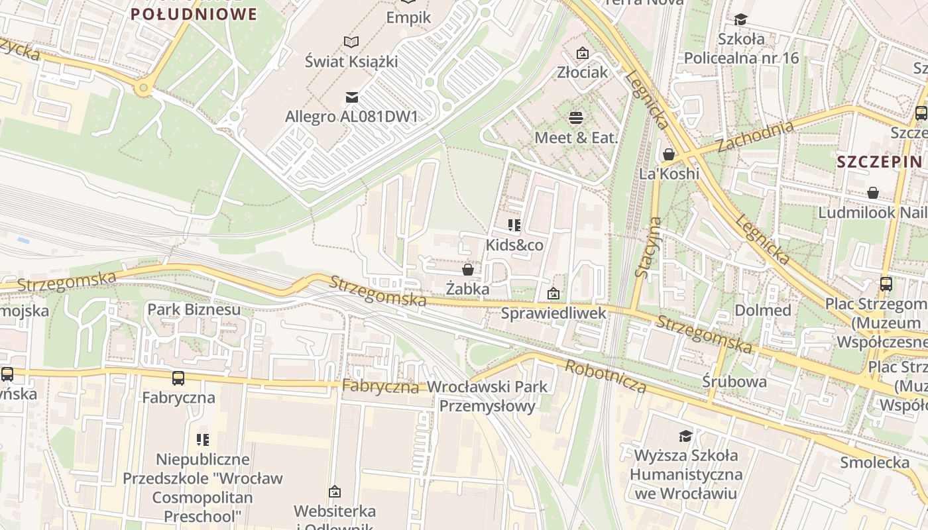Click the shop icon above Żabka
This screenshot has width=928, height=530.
(x=468, y=270)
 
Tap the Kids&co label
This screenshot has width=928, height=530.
(x=514, y=245)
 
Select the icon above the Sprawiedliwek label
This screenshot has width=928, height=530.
(x=553, y=293)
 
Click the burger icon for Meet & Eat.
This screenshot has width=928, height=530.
(x=576, y=118)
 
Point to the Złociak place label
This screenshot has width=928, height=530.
(x=582, y=72)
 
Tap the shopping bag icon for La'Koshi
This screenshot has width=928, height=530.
(x=669, y=154)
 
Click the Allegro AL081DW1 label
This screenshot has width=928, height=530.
(x=351, y=117)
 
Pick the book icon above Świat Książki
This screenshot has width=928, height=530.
(x=351, y=42)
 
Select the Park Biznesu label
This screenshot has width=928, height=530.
(x=194, y=309)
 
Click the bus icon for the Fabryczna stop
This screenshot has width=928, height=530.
(x=178, y=378)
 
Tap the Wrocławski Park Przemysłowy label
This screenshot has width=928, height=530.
(x=488, y=396)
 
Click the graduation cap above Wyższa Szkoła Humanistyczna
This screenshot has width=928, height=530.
(x=685, y=436)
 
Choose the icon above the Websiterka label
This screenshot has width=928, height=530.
(x=335, y=492)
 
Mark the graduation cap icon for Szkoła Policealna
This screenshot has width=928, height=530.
(x=740, y=20)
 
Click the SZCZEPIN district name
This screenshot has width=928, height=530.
(x=879, y=162)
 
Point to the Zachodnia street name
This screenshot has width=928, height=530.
(x=755, y=136)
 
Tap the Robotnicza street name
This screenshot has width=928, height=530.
(x=605, y=376)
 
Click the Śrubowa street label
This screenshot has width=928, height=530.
(x=734, y=382)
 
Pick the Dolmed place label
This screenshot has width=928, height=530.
(x=762, y=310)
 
